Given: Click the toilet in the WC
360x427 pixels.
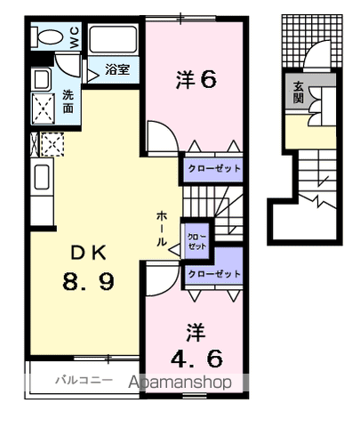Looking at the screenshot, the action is (x=47, y=37).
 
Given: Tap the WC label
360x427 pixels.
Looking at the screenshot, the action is (x=75, y=37).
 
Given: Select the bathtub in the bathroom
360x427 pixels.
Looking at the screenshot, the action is (x=113, y=40).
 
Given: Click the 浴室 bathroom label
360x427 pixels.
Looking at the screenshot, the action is (x=117, y=69).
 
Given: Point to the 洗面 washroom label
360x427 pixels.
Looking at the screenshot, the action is (x=68, y=101).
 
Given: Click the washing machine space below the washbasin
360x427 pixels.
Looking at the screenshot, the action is (x=44, y=109).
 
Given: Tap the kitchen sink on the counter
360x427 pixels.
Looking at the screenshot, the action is (x=42, y=177).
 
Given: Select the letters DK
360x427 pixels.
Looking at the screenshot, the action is (x=88, y=254).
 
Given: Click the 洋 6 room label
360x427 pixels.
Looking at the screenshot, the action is (x=196, y=80).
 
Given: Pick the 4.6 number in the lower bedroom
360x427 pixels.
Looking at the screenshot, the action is (x=196, y=359).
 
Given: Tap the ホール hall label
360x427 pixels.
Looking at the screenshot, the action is (x=162, y=229).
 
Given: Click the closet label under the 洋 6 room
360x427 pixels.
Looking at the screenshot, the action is (x=214, y=169).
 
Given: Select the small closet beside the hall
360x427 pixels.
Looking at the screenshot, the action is (x=196, y=241).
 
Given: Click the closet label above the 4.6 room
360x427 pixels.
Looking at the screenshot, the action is (x=214, y=274).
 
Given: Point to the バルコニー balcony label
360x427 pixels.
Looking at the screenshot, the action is (x=84, y=380).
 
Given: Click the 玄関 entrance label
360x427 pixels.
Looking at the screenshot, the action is (x=299, y=93).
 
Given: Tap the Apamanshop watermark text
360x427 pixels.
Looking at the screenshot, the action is (x=180, y=383).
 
